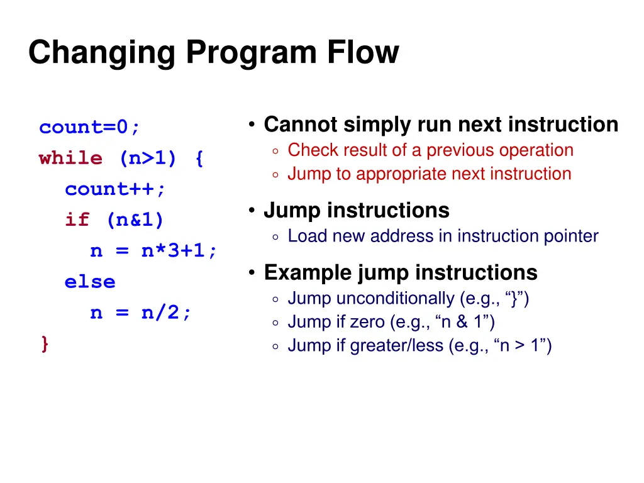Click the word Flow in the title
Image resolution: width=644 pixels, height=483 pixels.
[x=362, y=53]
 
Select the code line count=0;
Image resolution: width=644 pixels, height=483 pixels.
[x=90, y=128]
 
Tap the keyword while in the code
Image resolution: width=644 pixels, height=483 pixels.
[x=70, y=158]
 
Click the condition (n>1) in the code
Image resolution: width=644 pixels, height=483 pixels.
[x=148, y=158]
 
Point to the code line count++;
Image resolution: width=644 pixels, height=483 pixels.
[x=115, y=189]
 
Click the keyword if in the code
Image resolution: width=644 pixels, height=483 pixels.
[x=77, y=220]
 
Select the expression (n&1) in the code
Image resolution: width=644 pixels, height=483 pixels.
[x=135, y=220]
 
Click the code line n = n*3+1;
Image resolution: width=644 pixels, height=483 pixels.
[x=154, y=251]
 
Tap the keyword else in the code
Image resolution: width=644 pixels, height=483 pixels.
[x=90, y=282]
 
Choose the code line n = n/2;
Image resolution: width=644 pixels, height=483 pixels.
[x=141, y=313]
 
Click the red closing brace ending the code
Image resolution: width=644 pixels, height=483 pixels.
[x=44, y=344]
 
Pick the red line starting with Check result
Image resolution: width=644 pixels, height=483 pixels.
[x=430, y=150]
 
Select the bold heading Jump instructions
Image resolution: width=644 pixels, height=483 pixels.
[x=356, y=210]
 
